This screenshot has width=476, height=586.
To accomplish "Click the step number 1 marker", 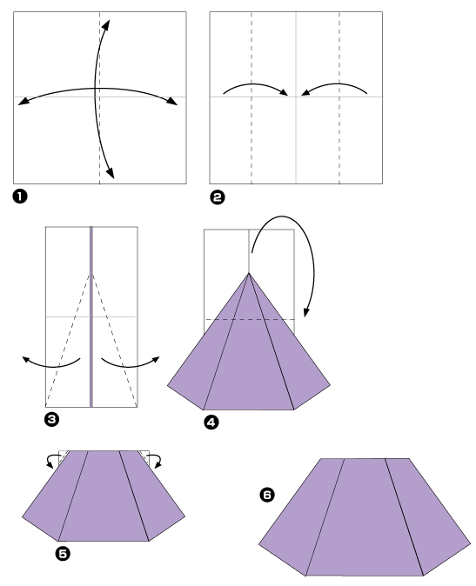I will click(x=20, y=196).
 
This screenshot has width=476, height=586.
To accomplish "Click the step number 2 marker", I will click(x=217, y=196).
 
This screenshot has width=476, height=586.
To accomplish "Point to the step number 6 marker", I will click(x=267, y=495).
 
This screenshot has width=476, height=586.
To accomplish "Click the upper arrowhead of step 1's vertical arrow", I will click(x=108, y=22).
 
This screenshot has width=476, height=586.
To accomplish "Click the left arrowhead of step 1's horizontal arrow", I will click(x=22, y=102).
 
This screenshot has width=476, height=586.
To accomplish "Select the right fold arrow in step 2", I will click(x=335, y=86).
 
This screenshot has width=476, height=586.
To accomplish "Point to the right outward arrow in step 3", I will click(x=131, y=362).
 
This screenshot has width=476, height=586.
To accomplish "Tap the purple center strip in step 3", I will click(x=91, y=348).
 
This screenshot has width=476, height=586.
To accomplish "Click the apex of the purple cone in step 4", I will click(x=249, y=274).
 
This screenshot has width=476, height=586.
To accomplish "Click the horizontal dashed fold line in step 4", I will click(x=252, y=320).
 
